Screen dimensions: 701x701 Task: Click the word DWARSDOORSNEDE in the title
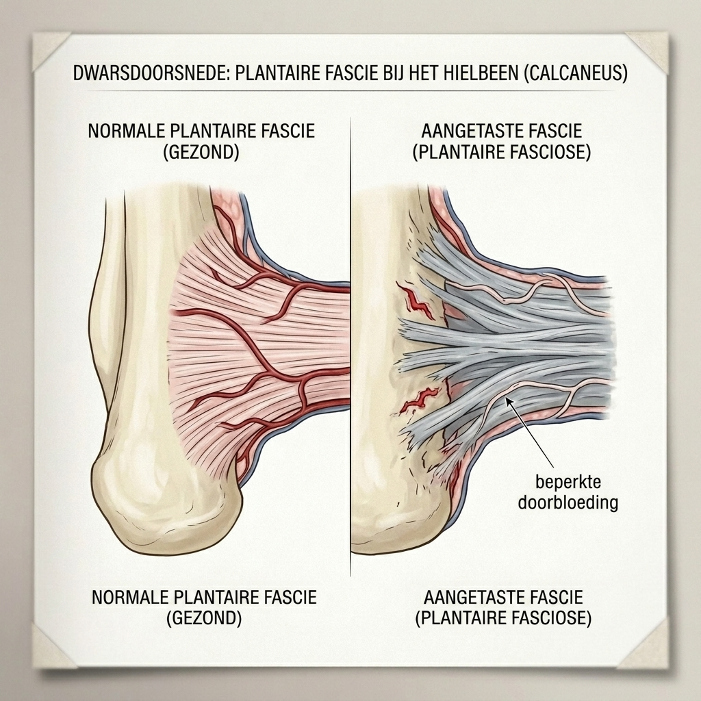click(x=151, y=73)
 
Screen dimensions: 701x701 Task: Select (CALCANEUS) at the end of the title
click(x=576, y=73)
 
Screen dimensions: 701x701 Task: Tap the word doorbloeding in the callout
click(x=568, y=502)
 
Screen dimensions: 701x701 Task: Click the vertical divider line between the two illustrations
click(x=350, y=335)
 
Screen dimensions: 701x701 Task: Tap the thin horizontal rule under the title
click(x=350, y=91)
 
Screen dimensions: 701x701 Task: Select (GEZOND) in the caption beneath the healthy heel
click(x=204, y=618)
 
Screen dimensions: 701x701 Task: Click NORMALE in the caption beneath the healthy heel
click(x=129, y=597)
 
